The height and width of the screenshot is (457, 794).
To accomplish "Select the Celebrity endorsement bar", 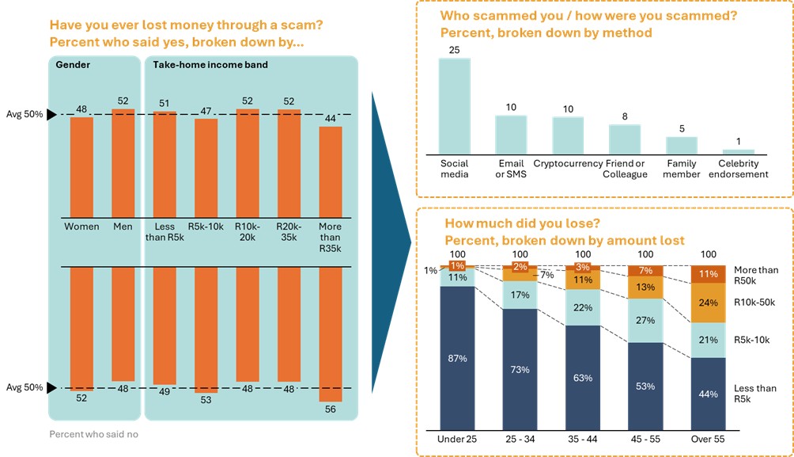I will [x=738, y=150].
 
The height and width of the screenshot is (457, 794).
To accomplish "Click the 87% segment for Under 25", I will [x=457, y=358].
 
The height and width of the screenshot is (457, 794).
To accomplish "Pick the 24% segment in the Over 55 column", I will [x=709, y=303].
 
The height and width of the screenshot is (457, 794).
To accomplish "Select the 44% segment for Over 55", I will [x=709, y=394].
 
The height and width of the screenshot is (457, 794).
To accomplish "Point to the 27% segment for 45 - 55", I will [x=645, y=320].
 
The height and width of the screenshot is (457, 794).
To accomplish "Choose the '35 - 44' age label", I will [x=583, y=439].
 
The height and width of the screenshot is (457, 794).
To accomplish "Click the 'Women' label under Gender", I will [x=82, y=227].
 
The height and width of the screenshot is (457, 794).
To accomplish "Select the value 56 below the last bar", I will [x=331, y=409].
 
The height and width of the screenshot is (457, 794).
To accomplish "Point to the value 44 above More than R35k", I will [x=331, y=118].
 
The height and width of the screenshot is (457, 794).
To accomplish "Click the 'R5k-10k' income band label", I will [x=206, y=227].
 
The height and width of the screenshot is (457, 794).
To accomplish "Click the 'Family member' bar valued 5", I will [x=681, y=145].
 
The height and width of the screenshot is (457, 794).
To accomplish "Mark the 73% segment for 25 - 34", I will [x=520, y=369].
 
